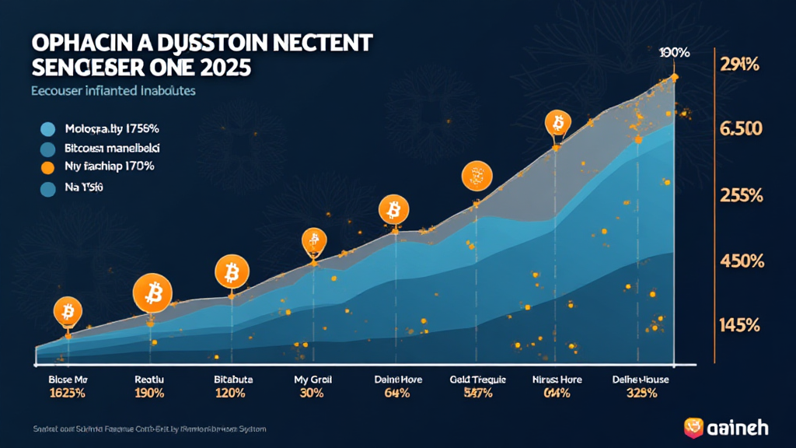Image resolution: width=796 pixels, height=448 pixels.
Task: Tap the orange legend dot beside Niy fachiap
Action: point(47,166)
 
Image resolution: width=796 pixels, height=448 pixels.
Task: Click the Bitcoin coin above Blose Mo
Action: point(68,312)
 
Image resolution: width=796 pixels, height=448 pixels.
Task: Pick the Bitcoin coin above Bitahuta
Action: point(231,272)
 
